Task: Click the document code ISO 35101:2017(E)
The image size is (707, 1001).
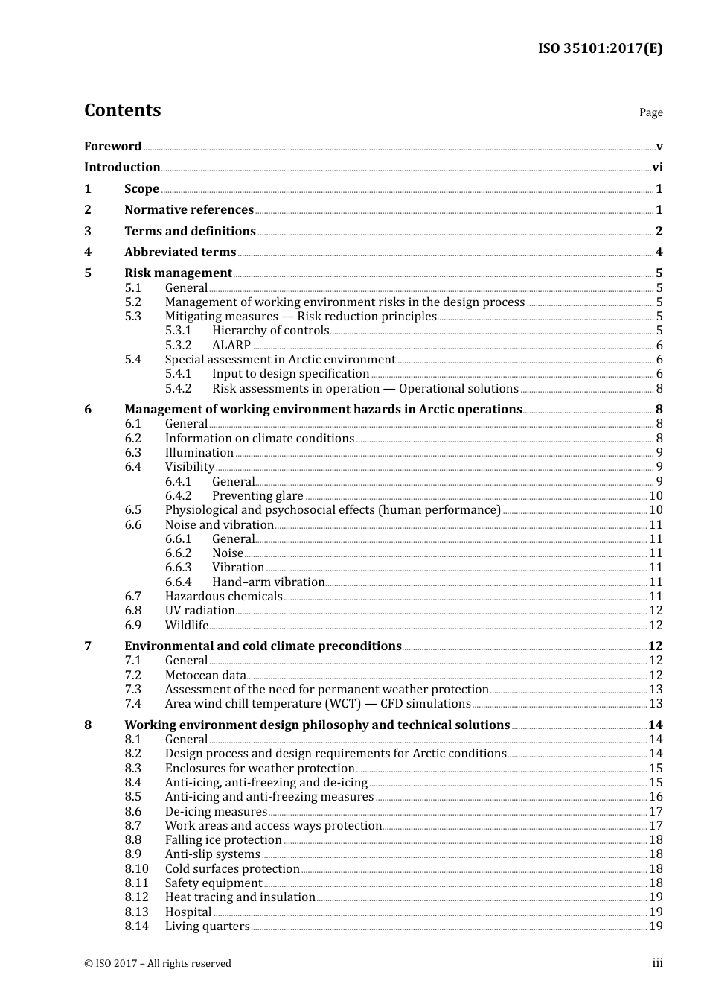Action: (600, 48)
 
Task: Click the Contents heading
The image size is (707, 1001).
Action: (122, 110)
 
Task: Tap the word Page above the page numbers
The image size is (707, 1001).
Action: (650, 112)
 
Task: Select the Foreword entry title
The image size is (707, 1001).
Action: (112, 146)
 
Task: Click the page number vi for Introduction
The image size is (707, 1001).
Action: (656, 168)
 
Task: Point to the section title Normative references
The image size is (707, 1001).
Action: (189, 210)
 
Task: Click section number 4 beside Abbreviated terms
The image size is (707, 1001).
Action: (88, 252)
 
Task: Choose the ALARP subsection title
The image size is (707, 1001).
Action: (231, 345)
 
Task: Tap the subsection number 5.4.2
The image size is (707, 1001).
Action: (178, 388)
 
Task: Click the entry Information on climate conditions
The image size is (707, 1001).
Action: (259, 439)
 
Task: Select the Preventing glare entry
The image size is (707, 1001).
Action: (257, 496)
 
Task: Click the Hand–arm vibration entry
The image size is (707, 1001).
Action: (268, 582)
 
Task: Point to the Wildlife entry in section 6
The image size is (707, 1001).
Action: (186, 626)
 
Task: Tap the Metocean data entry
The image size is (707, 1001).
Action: (205, 676)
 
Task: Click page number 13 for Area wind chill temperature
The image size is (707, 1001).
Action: (655, 704)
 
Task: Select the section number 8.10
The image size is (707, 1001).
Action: (136, 869)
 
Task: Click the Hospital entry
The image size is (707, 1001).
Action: (188, 912)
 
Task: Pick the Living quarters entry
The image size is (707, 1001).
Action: (207, 927)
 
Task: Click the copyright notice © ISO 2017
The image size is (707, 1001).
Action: (157, 964)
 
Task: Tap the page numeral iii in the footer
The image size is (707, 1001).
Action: (657, 963)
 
